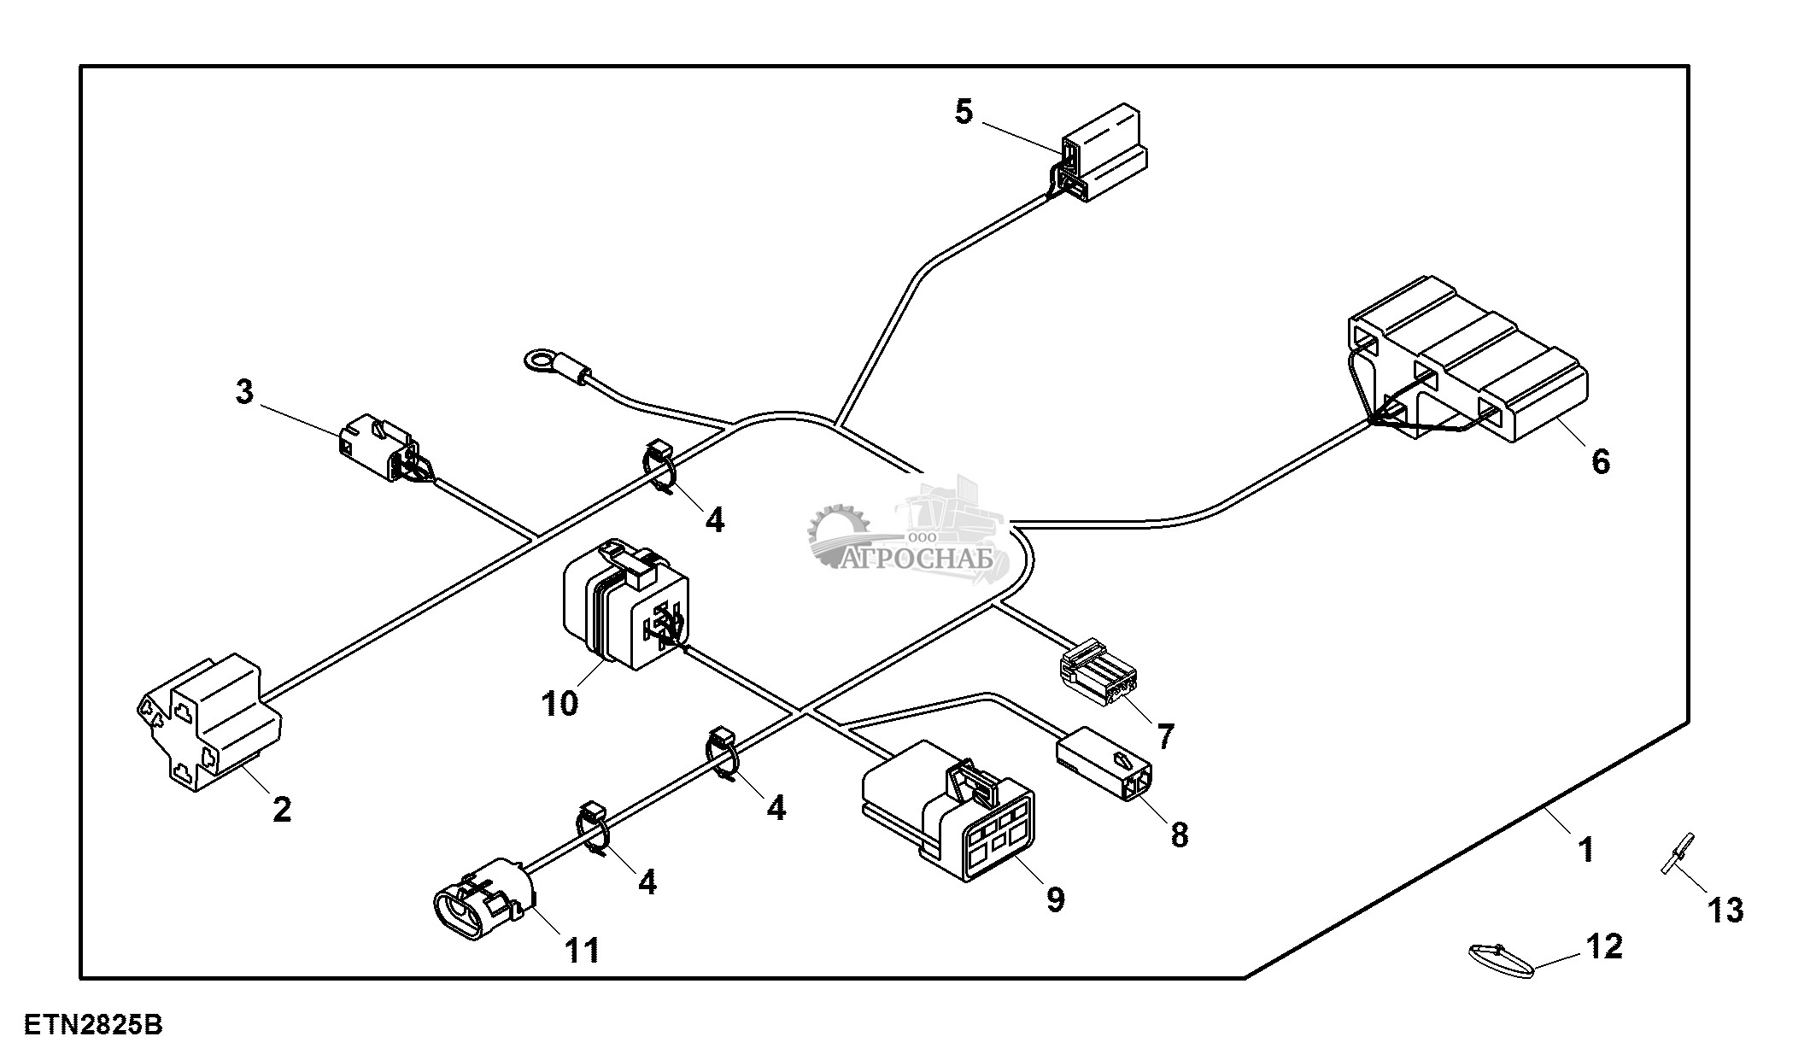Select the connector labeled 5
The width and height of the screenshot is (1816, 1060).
click(1102, 154)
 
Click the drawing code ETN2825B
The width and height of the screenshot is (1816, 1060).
click(93, 1025)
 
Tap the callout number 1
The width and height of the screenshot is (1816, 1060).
click(1585, 850)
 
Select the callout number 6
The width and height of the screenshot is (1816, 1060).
click(1600, 462)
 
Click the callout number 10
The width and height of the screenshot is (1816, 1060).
click(559, 704)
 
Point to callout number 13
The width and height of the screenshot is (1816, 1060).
click(1725, 911)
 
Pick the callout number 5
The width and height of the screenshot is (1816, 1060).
click(964, 112)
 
